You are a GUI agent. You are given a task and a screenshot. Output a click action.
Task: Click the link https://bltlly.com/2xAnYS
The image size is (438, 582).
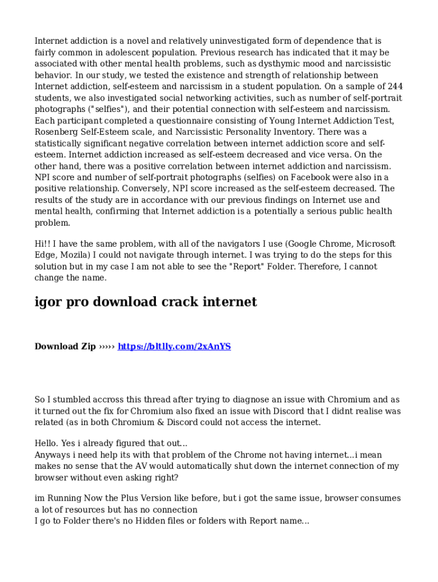pyautogui.click(x=174, y=346)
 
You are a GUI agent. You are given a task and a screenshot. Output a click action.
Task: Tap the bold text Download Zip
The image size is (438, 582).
pyautogui.click(x=65, y=346)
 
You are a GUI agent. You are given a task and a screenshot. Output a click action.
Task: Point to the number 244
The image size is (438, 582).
pyautogui.click(x=395, y=86)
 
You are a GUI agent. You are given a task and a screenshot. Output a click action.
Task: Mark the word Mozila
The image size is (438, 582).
pyautogui.click(x=72, y=255)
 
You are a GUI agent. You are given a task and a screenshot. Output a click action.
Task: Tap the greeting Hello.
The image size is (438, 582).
pyautogui.click(x=48, y=443)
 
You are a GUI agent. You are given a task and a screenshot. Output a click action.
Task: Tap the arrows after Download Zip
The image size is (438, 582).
pyautogui.click(x=106, y=346)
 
